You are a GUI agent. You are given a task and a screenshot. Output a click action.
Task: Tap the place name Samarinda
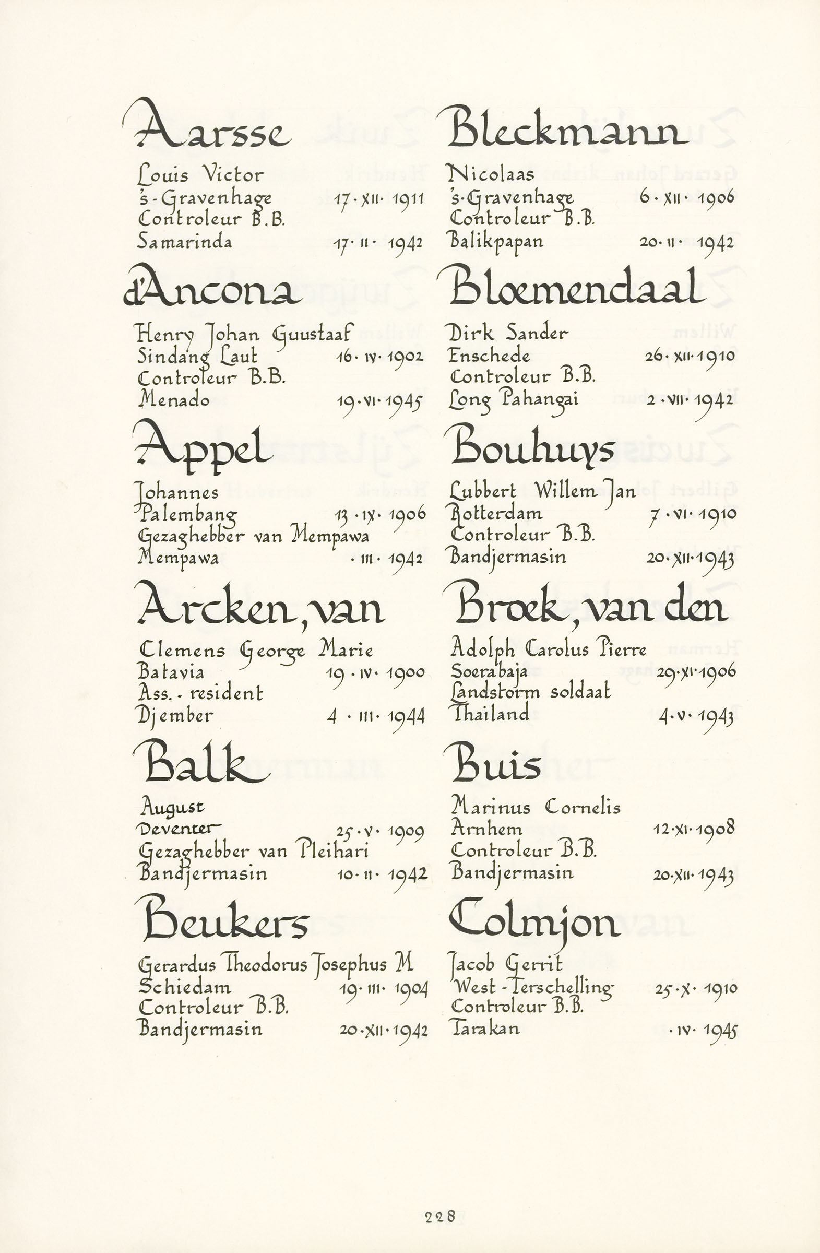point(184,241)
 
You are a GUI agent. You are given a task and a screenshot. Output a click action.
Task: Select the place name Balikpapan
point(496,242)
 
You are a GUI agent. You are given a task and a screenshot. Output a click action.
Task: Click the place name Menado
point(174,399)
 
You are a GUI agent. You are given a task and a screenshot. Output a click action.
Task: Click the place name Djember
point(175,715)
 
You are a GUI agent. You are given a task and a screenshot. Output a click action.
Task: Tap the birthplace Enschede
point(489,356)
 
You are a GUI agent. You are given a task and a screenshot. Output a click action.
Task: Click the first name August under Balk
point(172,807)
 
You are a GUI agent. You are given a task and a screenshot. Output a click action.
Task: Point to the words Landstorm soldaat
point(530,692)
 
